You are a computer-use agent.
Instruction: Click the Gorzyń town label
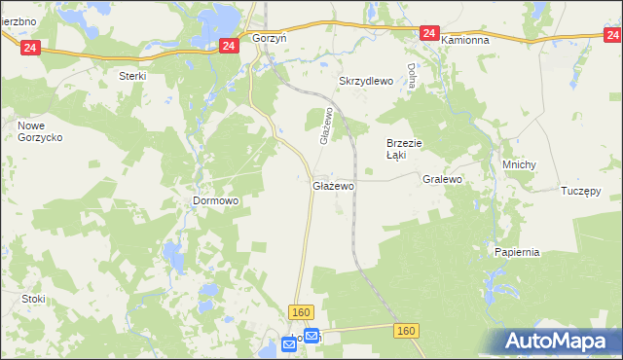pos(269,37)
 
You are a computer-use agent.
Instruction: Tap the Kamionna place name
pos(470,41)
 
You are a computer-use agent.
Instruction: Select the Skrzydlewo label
pos(365,82)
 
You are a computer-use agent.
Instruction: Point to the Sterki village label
pos(131,76)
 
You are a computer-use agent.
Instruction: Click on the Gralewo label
pos(442,180)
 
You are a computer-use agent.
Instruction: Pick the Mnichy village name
pos(519,164)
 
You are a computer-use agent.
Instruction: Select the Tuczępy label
pos(581,190)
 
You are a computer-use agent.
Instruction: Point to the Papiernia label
pos(516,252)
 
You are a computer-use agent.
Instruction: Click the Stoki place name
pos(33,299)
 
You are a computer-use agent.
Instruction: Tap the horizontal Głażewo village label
pos(333,185)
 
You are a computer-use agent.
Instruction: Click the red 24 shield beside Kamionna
pos(430,33)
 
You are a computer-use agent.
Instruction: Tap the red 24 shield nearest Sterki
pos(31,47)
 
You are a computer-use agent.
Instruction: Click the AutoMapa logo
pos(559,342)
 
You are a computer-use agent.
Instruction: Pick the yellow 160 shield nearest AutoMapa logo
pos(407,332)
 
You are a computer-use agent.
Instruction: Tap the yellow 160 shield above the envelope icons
pos(301,311)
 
